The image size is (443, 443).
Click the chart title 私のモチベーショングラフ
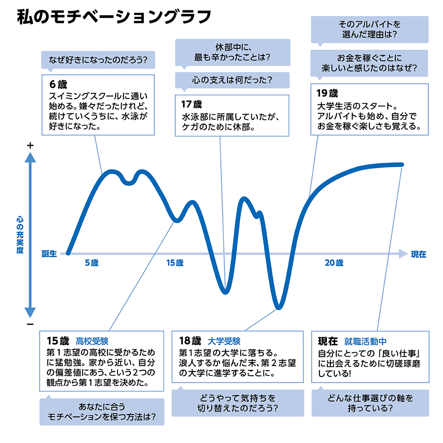[113, 17]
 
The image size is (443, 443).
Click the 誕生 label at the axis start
[49, 254]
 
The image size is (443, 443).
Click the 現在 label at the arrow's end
[419, 254]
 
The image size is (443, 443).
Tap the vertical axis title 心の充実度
[19, 235]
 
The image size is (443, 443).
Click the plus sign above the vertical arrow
[30, 146]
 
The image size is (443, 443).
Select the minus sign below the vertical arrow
[30, 325]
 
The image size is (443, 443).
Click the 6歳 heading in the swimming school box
[58, 84]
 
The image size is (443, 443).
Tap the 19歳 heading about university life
[327, 94]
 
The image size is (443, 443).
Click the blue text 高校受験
[92, 340]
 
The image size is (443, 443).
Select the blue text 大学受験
[224, 341]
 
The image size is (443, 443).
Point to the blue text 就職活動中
[365, 341]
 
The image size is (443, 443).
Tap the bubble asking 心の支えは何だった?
[232, 80]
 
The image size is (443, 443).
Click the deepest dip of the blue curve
[279, 307]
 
